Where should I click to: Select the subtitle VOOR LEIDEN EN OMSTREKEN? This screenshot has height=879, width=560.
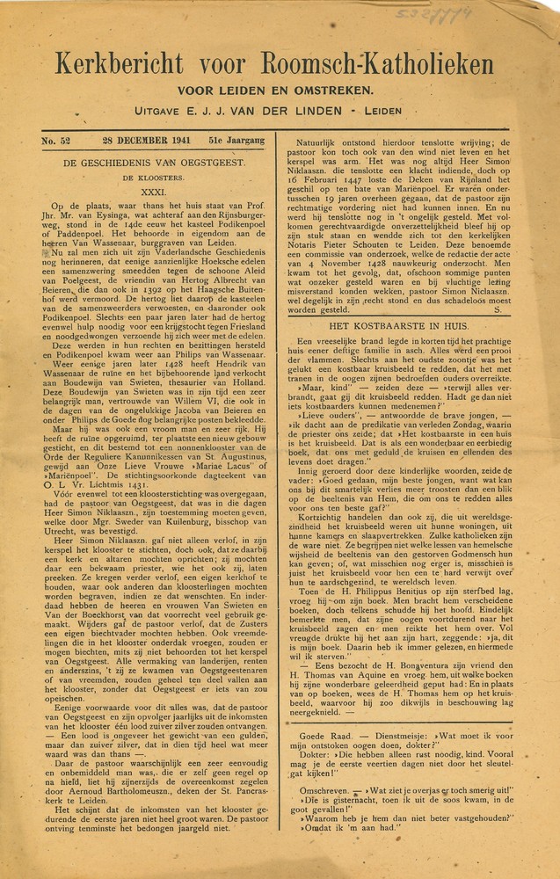[277, 91]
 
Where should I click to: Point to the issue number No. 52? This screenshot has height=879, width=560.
[58, 141]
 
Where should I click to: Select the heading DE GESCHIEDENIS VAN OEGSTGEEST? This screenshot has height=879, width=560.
[154, 163]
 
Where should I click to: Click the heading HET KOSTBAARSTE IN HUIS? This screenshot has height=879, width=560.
[392, 325]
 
